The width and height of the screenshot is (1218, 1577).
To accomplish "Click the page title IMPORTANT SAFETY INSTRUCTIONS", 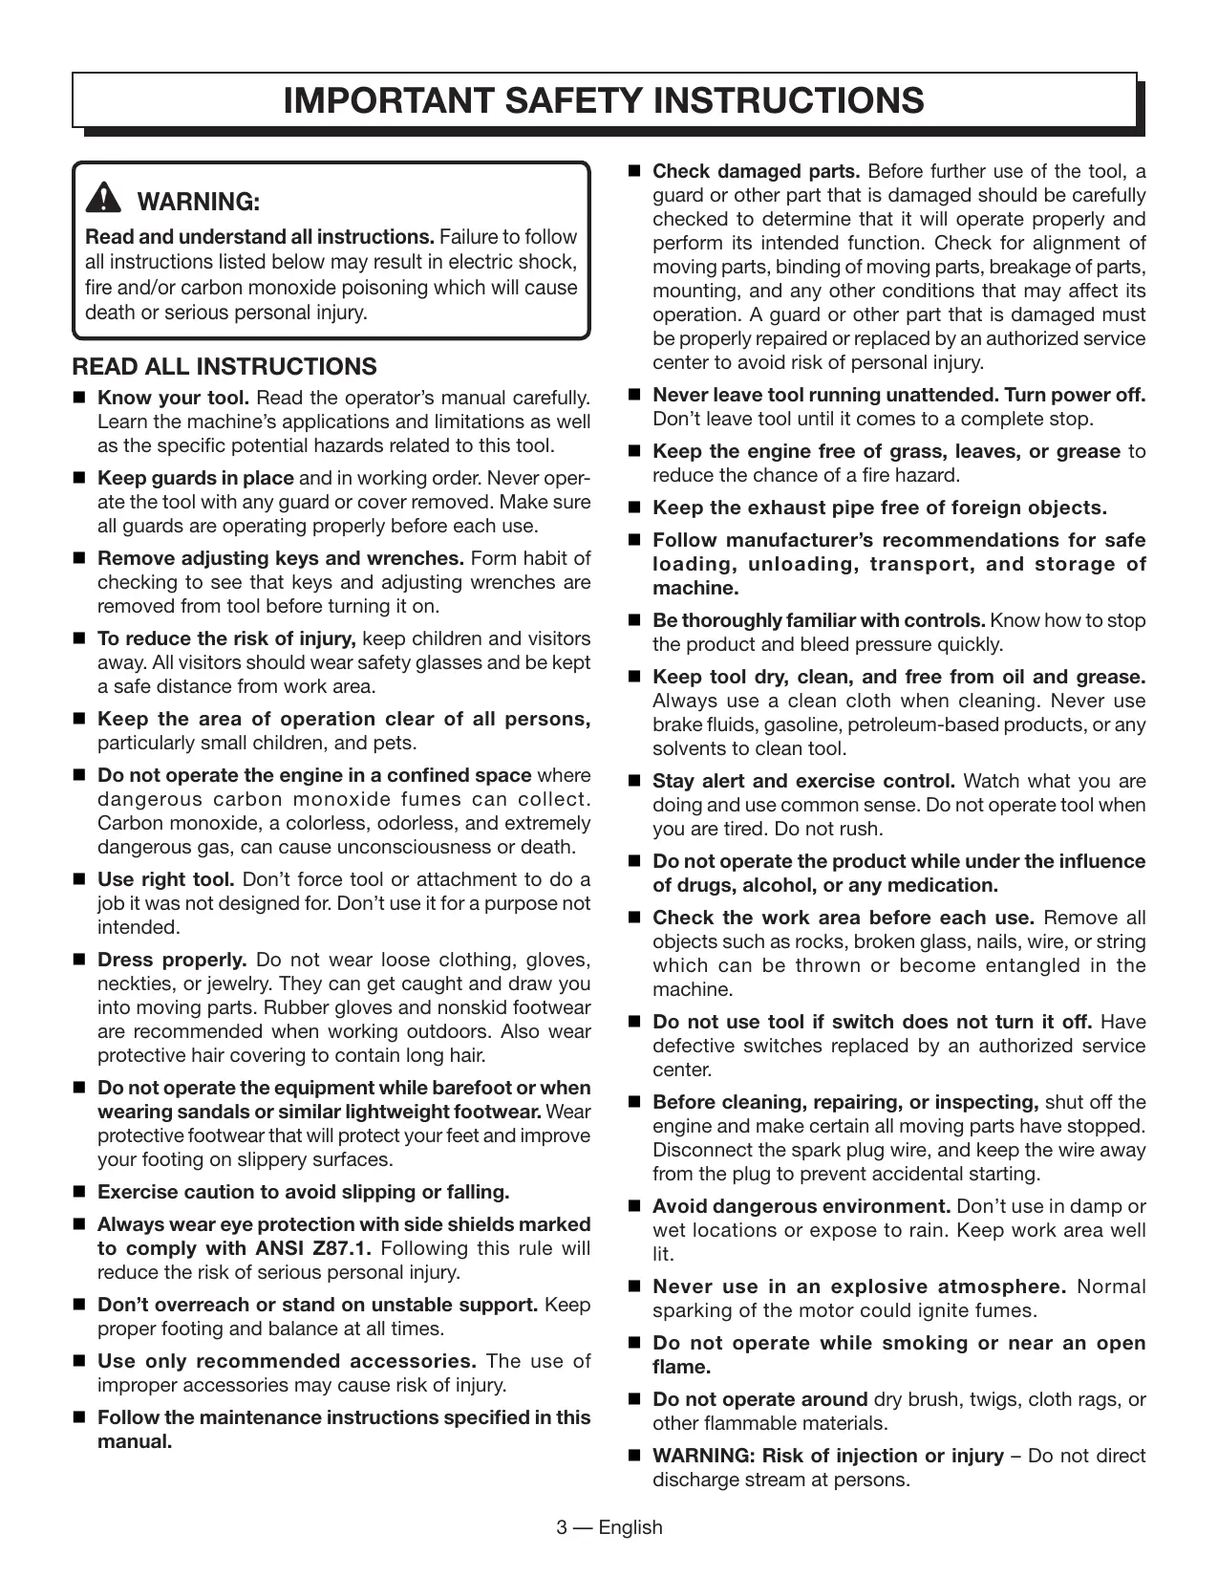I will (604, 100).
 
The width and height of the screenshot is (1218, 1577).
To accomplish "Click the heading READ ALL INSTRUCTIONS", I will (224, 367).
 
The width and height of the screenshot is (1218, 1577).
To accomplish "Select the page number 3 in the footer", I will (563, 1527).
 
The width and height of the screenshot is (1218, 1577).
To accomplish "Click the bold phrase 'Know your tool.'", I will (174, 398).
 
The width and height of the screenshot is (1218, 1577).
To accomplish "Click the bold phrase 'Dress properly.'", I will (172, 960).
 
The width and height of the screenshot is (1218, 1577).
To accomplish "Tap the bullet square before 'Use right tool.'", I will (79, 879).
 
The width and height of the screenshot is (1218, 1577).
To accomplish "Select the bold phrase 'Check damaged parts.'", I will (756, 172).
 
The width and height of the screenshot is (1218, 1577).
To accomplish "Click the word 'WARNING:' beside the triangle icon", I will (200, 202).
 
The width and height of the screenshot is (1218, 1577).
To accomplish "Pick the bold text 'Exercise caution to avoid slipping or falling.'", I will (304, 1192).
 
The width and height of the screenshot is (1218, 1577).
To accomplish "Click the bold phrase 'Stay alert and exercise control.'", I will (803, 781).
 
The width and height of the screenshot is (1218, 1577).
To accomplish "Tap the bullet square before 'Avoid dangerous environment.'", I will (633, 1206).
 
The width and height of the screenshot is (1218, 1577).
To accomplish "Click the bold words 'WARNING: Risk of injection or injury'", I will (827, 1456).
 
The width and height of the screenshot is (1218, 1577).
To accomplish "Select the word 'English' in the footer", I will (630, 1527).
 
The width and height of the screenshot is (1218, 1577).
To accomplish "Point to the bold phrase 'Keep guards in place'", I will (196, 478).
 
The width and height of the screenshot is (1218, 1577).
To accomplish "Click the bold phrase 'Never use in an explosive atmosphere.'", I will (859, 1286).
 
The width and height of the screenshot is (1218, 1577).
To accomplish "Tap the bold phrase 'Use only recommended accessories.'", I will (287, 1361).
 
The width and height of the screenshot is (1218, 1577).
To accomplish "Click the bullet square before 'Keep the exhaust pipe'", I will (633, 508).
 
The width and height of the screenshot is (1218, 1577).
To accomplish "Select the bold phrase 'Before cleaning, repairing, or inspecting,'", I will (845, 1102).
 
